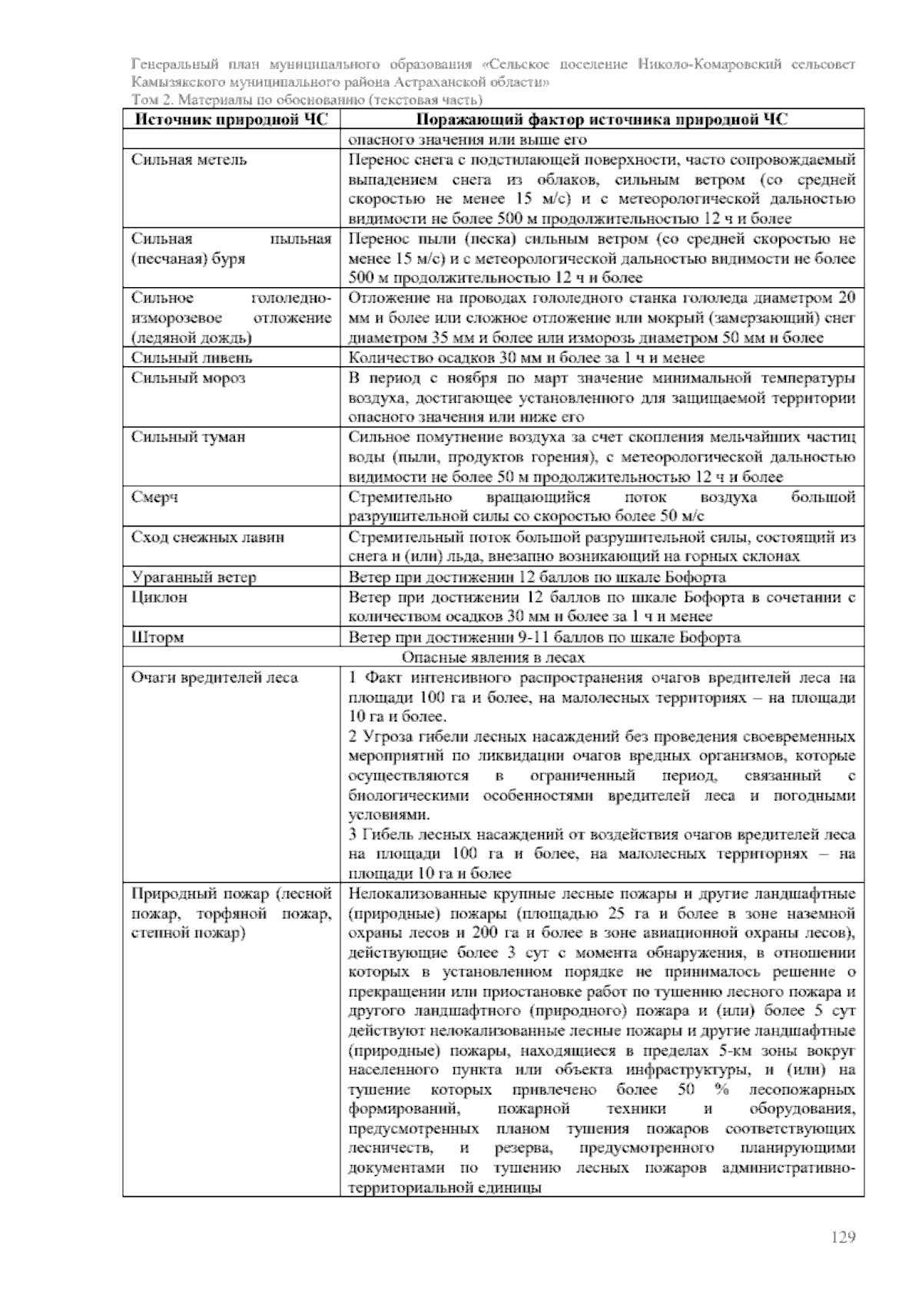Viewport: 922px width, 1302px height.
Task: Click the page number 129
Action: coord(843,1237)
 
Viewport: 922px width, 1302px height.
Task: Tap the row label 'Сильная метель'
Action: coord(189,160)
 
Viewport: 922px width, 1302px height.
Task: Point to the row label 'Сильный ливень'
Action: coord(191,358)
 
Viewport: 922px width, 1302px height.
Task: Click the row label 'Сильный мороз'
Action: coord(188,378)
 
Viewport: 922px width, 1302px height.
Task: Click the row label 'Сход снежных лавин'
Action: coord(207,537)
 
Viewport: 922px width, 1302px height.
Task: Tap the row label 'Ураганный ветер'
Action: coord(194,577)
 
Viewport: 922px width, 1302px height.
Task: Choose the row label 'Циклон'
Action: coord(159,596)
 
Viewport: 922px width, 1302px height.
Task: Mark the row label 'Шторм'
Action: coord(158,637)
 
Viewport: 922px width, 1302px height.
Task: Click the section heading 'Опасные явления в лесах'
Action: coord(493,657)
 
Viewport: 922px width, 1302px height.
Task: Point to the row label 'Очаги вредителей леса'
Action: coord(214,677)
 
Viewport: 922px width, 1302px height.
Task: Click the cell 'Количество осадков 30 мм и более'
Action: coord(526,358)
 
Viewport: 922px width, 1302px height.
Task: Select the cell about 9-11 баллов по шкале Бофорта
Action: coord(544,637)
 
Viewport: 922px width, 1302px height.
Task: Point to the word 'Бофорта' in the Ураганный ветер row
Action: coord(695,577)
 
